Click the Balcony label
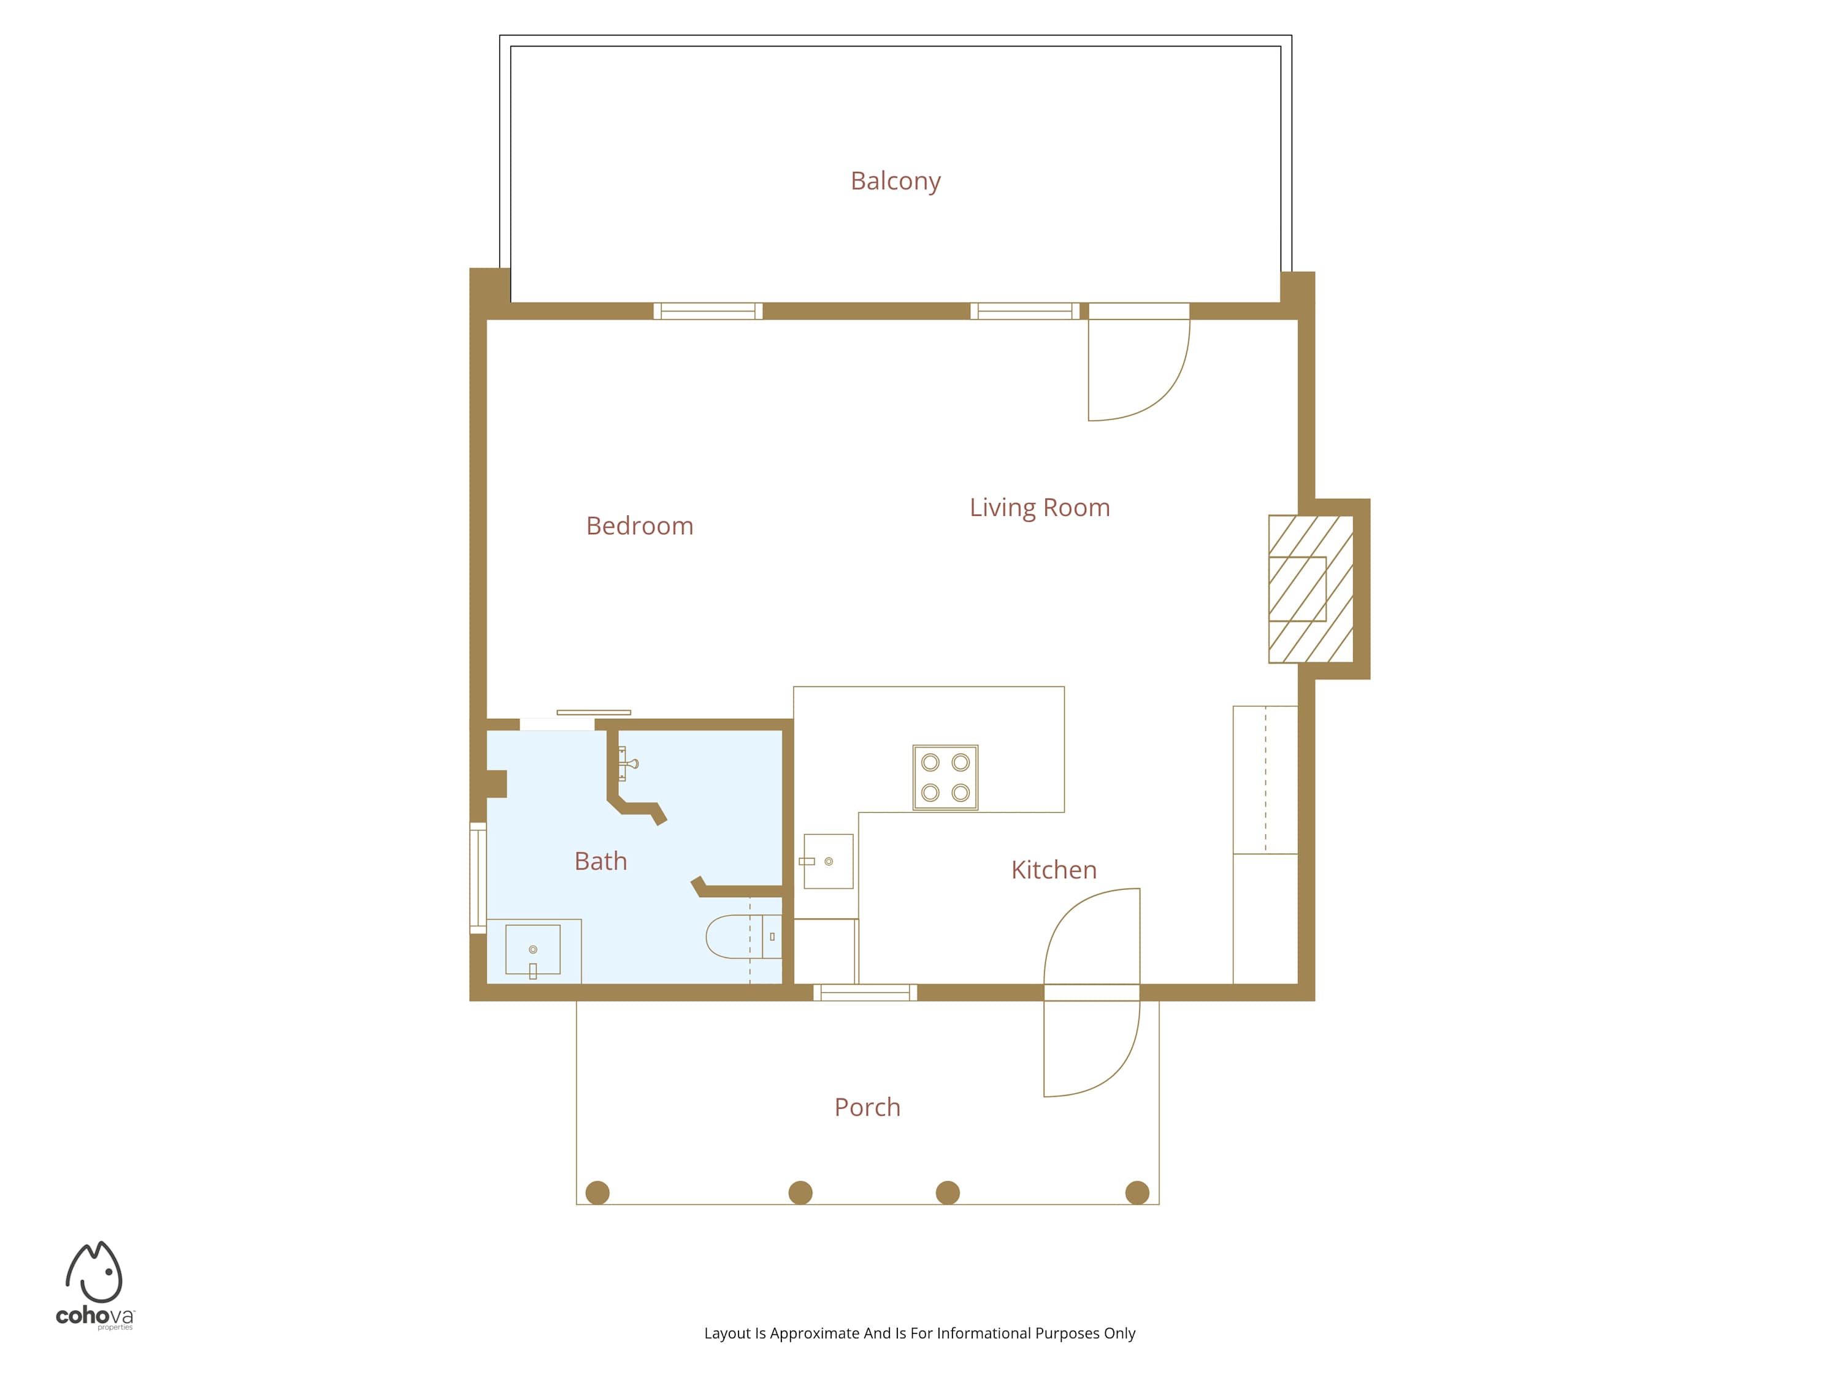click(x=895, y=182)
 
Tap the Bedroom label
click(x=640, y=526)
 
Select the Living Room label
click(x=1040, y=507)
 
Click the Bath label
click(x=600, y=861)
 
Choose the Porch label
click(x=868, y=1107)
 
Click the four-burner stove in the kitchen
click(x=946, y=778)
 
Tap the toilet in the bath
click(x=743, y=937)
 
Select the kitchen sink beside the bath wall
click(x=829, y=861)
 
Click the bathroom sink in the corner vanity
click(x=533, y=949)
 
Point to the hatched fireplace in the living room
click(x=1311, y=589)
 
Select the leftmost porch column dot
click(x=597, y=1193)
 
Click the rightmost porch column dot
click(x=1137, y=1193)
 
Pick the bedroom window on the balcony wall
click(x=708, y=311)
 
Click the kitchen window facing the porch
click(x=865, y=992)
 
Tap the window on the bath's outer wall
click(x=478, y=878)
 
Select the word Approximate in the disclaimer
click(x=815, y=1333)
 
